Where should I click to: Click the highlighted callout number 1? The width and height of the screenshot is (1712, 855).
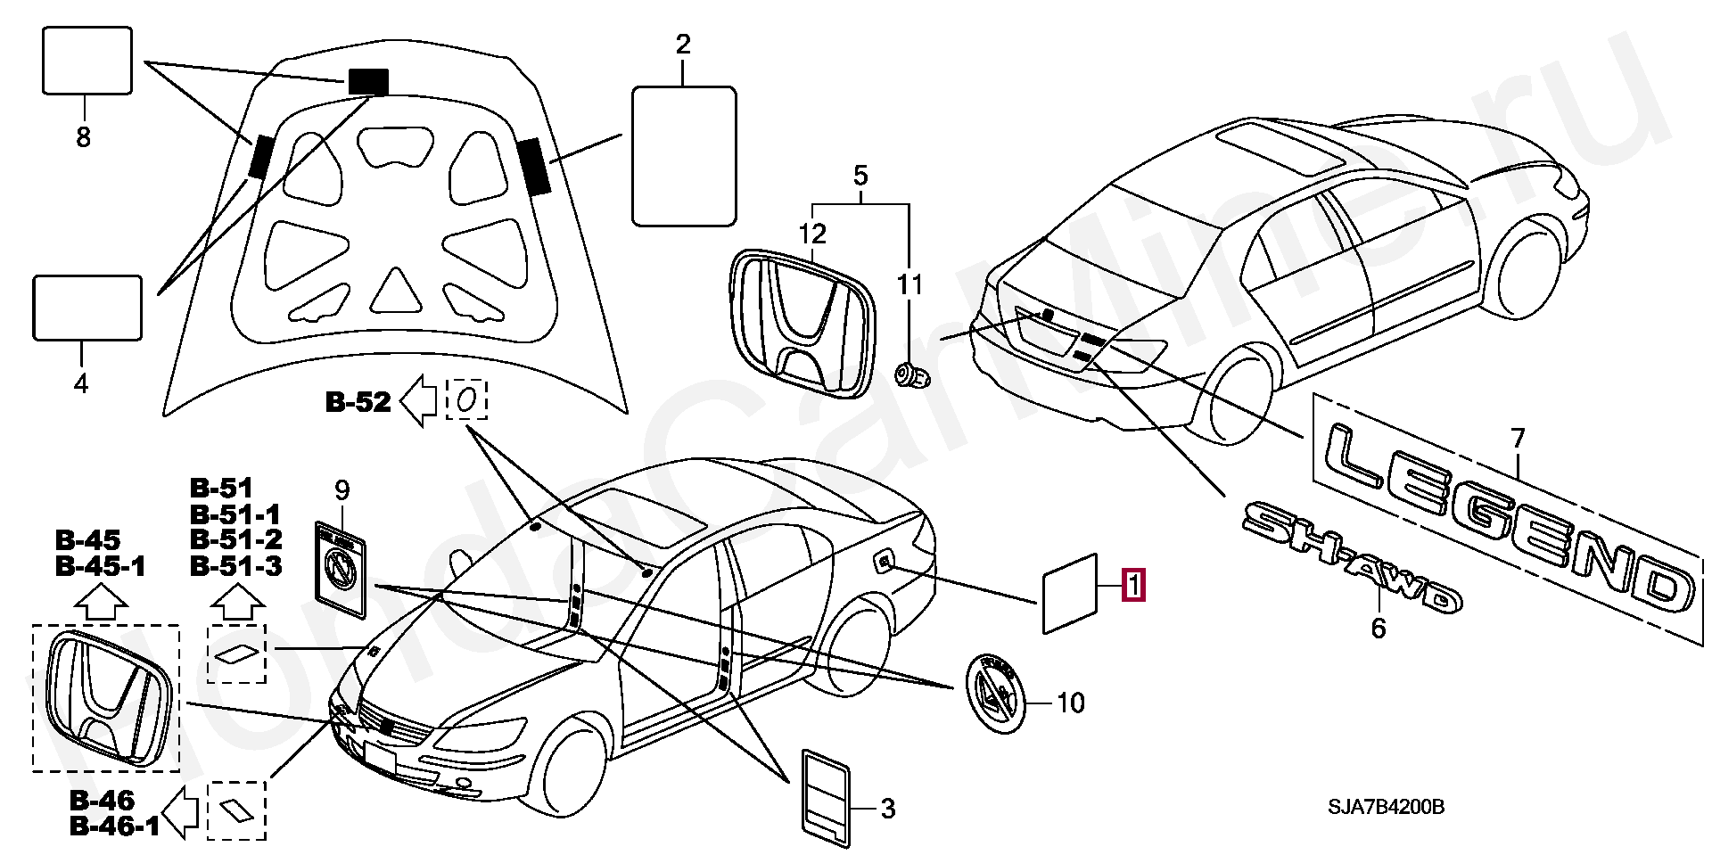tap(1133, 586)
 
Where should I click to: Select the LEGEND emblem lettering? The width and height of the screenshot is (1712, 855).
tap(1507, 517)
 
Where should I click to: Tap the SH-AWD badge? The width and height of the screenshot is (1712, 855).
tap(1351, 557)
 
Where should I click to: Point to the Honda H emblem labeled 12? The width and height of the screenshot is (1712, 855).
tap(800, 322)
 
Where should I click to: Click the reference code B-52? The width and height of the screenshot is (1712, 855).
tap(358, 402)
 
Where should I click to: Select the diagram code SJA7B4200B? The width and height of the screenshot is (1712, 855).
tap(1386, 807)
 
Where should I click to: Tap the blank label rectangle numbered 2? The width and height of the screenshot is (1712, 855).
tap(684, 156)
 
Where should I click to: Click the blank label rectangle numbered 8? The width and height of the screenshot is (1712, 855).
tap(87, 61)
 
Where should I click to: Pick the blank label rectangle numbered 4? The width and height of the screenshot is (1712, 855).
tap(87, 308)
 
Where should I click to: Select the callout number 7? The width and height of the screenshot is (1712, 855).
tap(1518, 439)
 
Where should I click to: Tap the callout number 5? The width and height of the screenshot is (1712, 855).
tap(860, 176)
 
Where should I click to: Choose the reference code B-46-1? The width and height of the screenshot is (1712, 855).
tap(114, 826)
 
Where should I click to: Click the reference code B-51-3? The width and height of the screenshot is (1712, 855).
tap(236, 565)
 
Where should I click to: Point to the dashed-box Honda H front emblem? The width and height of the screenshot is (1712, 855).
tap(106, 699)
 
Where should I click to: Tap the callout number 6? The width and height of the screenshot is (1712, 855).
tap(1379, 629)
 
